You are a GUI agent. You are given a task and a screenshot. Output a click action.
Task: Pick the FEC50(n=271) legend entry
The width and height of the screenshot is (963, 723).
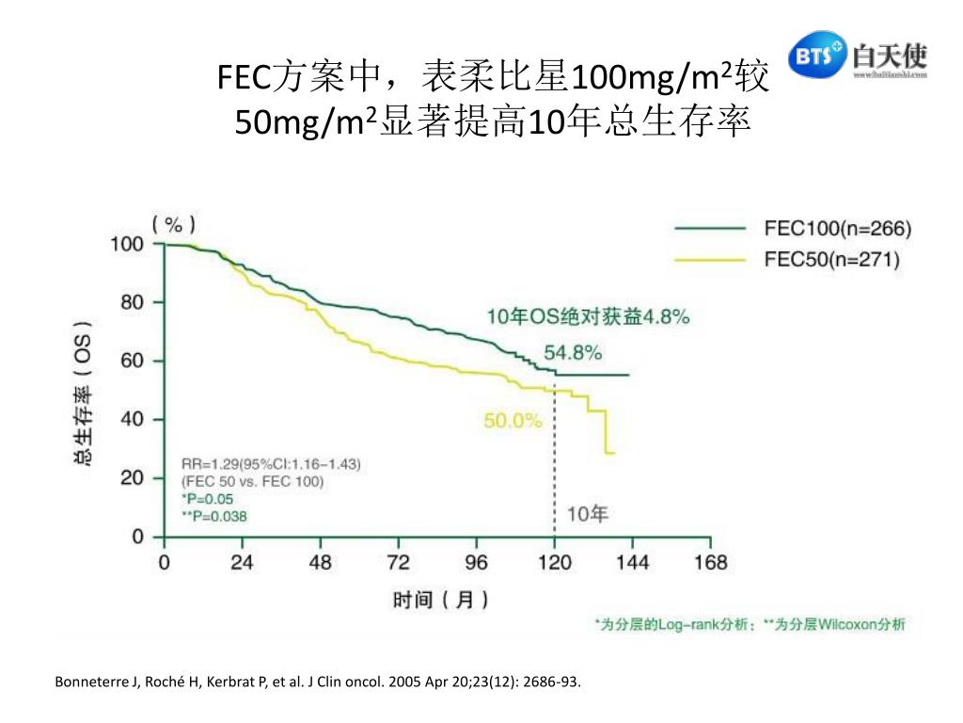[x=831, y=260]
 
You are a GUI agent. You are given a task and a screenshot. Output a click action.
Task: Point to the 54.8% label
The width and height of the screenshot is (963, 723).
[x=573, y=353]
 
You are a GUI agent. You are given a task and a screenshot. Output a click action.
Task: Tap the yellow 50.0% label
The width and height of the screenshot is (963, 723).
[x=513, y=421]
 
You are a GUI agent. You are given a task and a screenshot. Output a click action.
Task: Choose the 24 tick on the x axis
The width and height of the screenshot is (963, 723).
[x=242, y=563]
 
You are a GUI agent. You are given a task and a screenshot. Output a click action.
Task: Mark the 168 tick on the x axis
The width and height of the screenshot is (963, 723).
[x=710, y=563]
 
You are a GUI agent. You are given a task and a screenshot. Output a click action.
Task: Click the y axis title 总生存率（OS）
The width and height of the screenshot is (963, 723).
[x=84, y=395]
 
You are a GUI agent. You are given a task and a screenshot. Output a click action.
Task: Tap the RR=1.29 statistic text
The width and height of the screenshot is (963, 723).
[x=271, y=464]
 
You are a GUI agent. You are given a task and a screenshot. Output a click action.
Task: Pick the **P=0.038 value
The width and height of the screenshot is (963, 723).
[x=215, y=516]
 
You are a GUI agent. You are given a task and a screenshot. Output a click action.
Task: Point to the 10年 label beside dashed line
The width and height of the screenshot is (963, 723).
[x=589, y=514]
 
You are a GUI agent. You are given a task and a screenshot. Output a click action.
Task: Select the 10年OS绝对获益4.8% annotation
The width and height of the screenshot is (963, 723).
[x=587, y=317]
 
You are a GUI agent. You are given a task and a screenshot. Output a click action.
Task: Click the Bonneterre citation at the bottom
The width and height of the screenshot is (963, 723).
[x=319, y=682]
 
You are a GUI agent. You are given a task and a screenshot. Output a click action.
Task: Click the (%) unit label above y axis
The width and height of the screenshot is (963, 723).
[x=175, y=224]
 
